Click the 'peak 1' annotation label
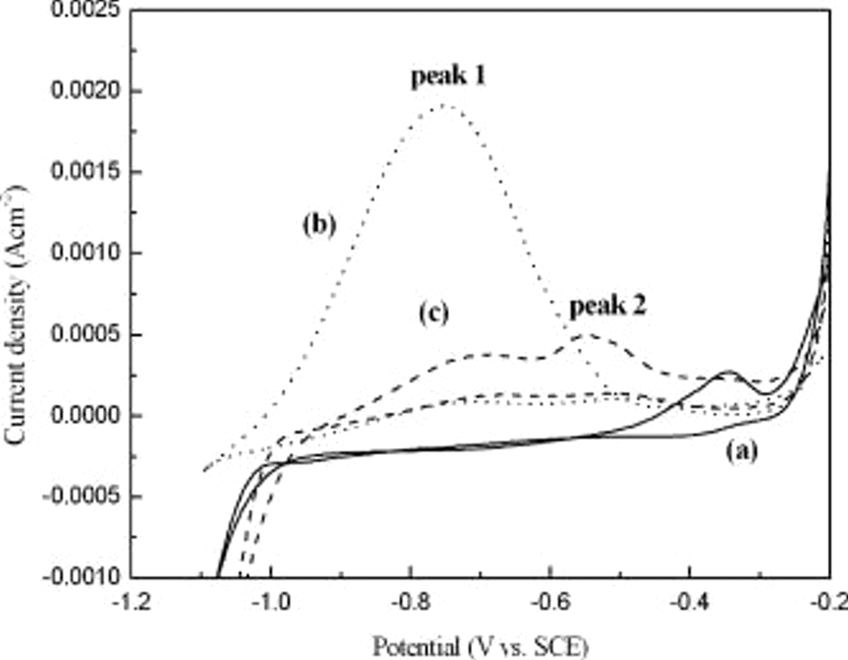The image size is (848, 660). (x=448, y=76)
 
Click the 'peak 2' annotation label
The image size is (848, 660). (x=608, y=306)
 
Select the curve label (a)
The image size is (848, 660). (x=742, y=451)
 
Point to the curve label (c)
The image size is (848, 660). (x=434, y=313)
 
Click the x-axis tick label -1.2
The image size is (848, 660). (x=132, y=603)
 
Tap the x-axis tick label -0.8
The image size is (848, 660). (x=410, y=603)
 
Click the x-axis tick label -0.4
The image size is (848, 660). (x=689, y=603)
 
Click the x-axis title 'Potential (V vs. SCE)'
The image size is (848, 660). (x=481, y=646)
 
